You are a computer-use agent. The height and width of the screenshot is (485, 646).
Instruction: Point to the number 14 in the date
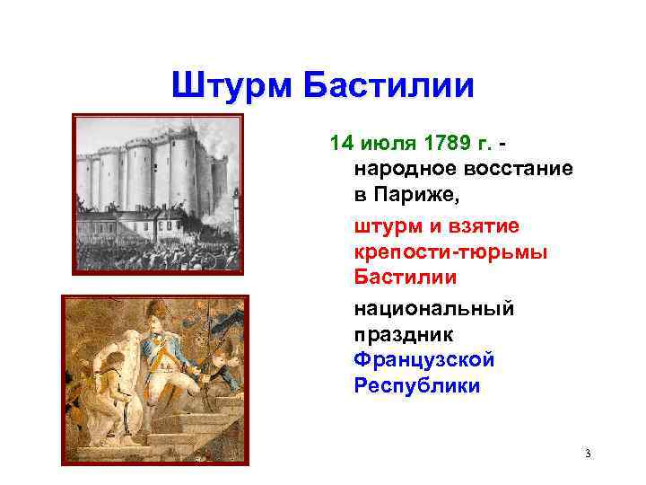point(342,144)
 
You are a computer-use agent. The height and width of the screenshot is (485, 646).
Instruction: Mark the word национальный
point(434,309)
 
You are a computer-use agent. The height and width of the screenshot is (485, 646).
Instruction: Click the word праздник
point(405,334)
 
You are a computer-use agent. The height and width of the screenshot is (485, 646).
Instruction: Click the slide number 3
point(587,454)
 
